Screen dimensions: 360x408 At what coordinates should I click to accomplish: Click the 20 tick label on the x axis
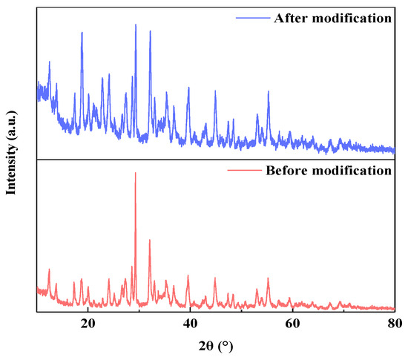point(88,324)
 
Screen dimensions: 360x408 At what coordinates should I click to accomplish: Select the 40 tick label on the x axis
point(191,324)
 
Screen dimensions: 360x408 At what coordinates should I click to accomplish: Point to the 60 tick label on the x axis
point(293,324)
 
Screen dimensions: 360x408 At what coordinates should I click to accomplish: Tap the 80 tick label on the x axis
point(395,324)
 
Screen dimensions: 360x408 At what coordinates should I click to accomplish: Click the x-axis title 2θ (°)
point(216,346)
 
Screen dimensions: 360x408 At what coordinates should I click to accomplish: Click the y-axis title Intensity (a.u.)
point(12,159)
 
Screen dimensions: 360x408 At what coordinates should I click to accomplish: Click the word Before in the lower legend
point(288,170)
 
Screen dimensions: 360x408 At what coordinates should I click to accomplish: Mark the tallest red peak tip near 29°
point(135,173)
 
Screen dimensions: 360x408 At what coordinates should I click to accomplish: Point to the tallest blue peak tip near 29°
point(135,24)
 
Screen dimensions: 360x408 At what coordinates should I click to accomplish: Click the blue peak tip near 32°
point(150,31)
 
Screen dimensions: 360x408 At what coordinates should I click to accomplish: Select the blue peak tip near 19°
point(82,33)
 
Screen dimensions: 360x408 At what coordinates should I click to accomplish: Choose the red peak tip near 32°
point(150,240)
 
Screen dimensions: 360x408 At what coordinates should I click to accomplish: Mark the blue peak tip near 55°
point(269,91)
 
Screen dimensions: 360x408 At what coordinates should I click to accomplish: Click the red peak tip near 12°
point(49,269)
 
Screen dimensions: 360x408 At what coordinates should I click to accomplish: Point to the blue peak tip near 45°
point(215,91)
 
